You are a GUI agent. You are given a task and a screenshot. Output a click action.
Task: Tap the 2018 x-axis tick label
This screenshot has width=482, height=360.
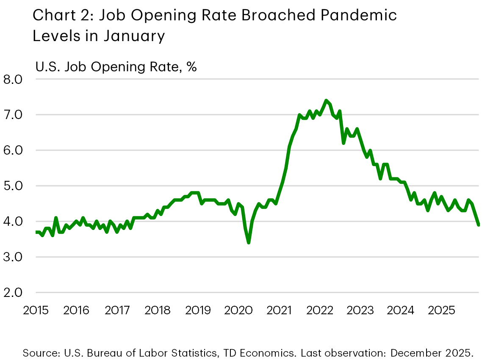click(158, 310)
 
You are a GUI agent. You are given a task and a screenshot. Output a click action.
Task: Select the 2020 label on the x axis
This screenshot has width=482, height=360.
click(239, 310)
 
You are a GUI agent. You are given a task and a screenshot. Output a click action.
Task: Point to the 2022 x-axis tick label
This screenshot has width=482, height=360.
click(320, 310)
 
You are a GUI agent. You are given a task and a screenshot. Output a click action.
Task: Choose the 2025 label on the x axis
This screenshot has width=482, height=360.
click(441, 310)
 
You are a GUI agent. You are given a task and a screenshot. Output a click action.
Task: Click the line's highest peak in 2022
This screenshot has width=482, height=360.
click(326, 100)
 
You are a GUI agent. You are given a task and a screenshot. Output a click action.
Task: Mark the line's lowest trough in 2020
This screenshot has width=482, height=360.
click(248, 242)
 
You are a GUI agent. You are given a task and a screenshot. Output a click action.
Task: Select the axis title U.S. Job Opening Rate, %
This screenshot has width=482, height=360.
click(116, 67)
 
